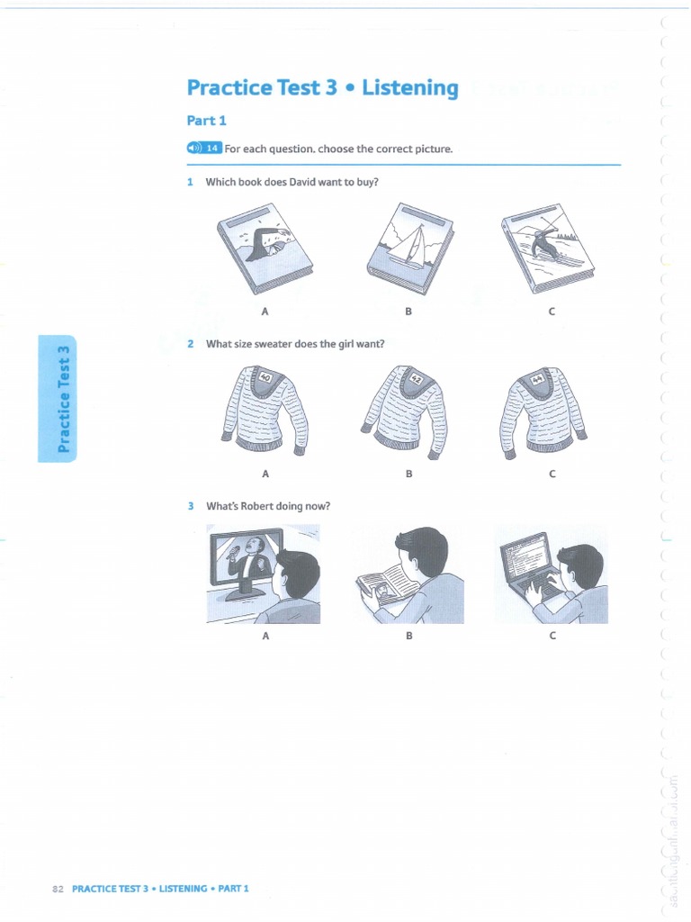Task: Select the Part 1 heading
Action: click(x=206, y=120)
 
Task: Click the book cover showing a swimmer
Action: click(x=265, y=245)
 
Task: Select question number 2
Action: click(x=191, y=343)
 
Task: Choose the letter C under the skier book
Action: click(x=552, y=312)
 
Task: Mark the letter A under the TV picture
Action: click(x=265, y=636)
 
